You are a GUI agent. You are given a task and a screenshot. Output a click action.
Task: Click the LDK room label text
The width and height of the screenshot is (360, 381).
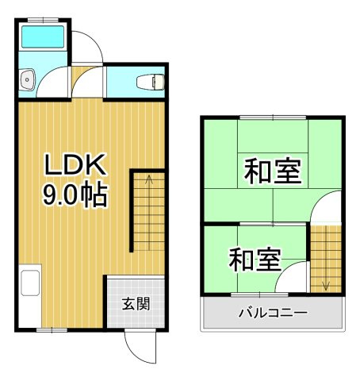click(x=75, y=164)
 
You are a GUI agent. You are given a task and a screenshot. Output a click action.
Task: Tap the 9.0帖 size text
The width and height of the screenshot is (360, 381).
click(x=75, y=194)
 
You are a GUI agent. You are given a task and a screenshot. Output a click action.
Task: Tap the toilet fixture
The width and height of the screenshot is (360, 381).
click(x=150, y=80)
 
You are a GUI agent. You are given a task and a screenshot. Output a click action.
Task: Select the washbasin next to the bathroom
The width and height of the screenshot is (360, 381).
click(x=28, y=79)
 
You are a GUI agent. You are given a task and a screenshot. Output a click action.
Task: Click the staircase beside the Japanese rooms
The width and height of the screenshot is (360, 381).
click(x=325, y=258)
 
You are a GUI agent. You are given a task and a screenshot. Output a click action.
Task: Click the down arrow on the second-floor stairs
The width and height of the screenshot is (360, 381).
click(x=326, y=281)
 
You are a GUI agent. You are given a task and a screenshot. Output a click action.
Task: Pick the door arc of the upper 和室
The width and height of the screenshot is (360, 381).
click(x=325, y=209)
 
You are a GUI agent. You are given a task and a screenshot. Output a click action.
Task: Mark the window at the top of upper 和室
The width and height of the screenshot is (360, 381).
click(x=273, y=117)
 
